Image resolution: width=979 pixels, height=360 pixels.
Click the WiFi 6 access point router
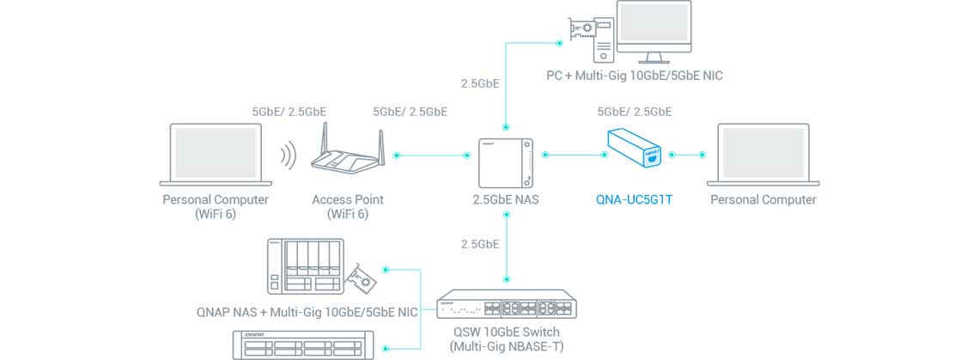click(x=347, y=156)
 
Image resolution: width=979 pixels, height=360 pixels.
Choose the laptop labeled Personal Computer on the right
click(x=763, y=156)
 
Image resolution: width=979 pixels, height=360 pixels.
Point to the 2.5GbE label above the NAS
click(x=480, y=84)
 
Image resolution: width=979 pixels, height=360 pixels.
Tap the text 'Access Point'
click(x=347, y=199)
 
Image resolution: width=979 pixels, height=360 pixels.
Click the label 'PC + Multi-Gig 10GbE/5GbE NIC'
click(x=635, y=76)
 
